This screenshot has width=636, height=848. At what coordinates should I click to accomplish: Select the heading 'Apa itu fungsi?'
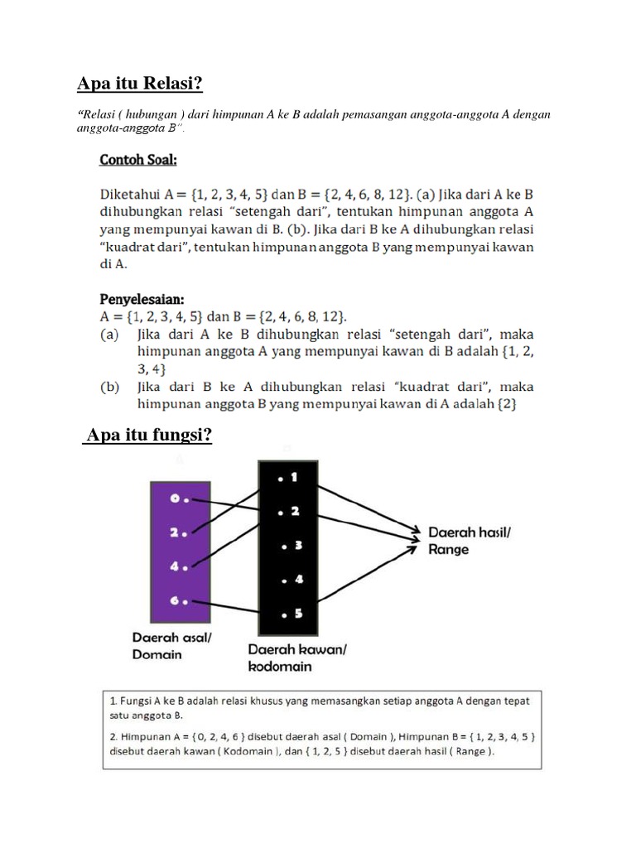click(x=147, y=436)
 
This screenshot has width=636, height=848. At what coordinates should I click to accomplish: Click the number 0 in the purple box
click(x=175, y=499)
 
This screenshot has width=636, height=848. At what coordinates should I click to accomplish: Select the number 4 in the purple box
click(x=175, y=567)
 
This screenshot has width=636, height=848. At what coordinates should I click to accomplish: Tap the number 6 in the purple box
click(x=175, y=600)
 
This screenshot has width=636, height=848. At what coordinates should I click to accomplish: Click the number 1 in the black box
click(x=296, y=478)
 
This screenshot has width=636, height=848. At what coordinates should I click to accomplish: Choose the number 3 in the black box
click(x=298, y=546)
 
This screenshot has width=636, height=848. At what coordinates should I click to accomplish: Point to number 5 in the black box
click(x=297, y=614)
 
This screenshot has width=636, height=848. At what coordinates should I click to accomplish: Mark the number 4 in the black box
click(x=298, y=580)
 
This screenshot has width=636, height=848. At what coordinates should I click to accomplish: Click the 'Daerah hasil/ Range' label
click(x=468, y=540)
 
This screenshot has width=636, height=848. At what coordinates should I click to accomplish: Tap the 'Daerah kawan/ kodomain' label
click(x=296, y=658)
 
